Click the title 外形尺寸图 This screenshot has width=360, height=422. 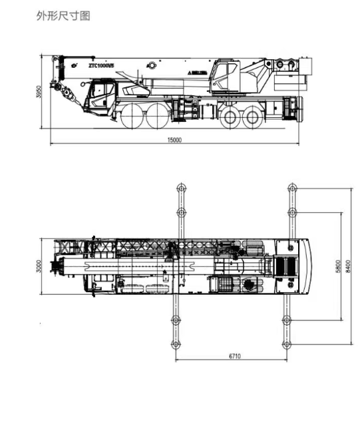point(63,15)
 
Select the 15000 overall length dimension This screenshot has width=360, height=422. point(174,140)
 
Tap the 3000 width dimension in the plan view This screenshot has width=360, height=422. point(40,266)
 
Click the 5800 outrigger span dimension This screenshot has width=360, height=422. point(338,266)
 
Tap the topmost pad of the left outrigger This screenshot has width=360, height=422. point(180,188)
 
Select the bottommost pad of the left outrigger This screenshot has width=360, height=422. point(176,343)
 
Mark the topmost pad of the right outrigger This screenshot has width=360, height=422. point(291,188)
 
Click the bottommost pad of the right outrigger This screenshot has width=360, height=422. point(287,343)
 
